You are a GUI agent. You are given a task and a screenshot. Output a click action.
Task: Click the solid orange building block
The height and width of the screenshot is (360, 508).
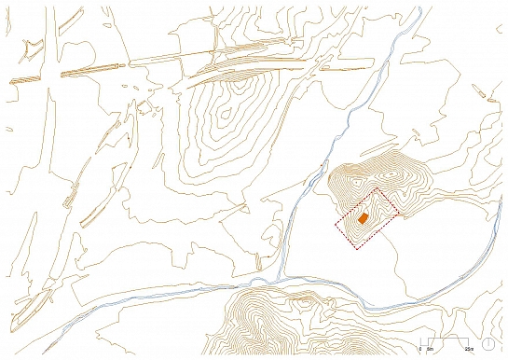click(363, 217)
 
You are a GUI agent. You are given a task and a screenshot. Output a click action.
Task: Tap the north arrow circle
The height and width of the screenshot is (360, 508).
click(488, 344)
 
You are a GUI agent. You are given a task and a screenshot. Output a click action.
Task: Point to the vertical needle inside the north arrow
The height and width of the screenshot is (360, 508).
click(488, 342)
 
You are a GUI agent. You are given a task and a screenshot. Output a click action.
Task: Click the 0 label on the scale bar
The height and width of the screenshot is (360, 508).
click(419, 348)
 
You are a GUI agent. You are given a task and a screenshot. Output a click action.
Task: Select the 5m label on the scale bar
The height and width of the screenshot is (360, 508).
click(430, 348)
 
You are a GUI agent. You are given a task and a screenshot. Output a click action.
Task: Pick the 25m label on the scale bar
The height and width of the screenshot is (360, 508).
click(469, 348)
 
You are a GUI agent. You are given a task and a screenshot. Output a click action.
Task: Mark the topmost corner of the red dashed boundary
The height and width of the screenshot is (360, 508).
click(377, 188)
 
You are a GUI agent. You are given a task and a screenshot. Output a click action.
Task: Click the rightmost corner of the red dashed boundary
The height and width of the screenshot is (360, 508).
click(399, 215)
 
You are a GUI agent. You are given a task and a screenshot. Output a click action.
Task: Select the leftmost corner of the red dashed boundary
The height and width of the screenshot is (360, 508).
click(336, 225)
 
